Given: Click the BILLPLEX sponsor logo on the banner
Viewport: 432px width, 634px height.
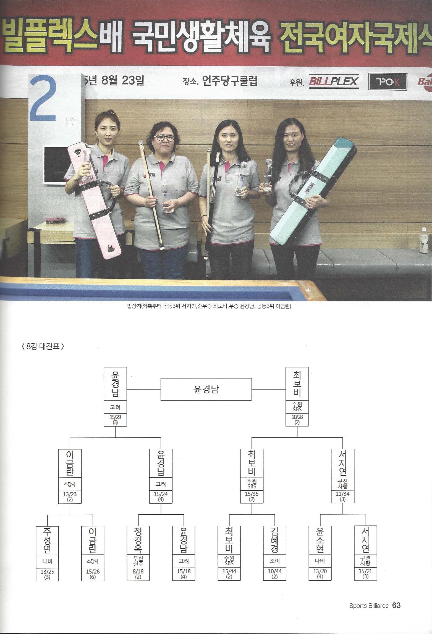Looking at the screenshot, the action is [334, 81].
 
